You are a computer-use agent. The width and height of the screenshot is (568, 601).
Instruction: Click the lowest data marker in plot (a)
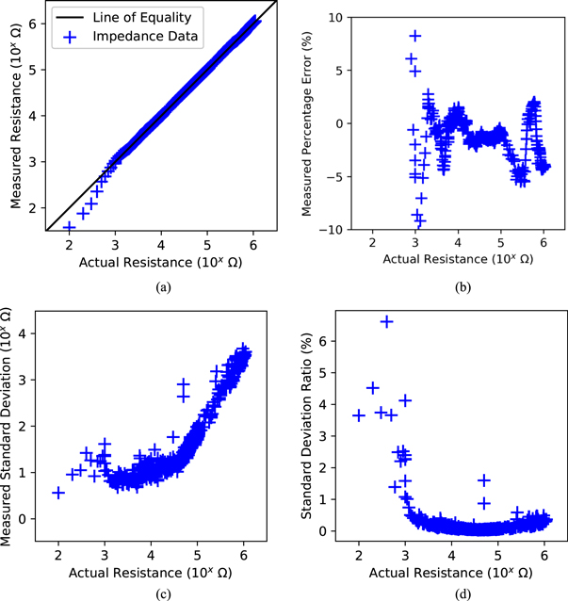tap(69, 227)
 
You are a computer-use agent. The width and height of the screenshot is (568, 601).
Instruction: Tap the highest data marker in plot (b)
tap(414, 36)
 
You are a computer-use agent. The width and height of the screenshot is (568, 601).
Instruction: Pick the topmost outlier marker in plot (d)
tap(386, 322)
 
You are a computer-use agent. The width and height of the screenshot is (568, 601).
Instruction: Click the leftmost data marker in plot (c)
tap(58, 493)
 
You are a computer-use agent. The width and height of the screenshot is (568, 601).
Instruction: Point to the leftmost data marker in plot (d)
tap(359, 415)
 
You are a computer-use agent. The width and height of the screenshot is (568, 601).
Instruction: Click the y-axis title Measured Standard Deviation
tap(11, 424)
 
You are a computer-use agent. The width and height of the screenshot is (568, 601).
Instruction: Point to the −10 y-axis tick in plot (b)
tap(337, 230)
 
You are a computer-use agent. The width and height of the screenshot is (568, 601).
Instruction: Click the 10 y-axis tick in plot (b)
tap(341, 16)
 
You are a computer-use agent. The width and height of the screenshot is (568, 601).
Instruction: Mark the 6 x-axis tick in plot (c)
tap(244, 551)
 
